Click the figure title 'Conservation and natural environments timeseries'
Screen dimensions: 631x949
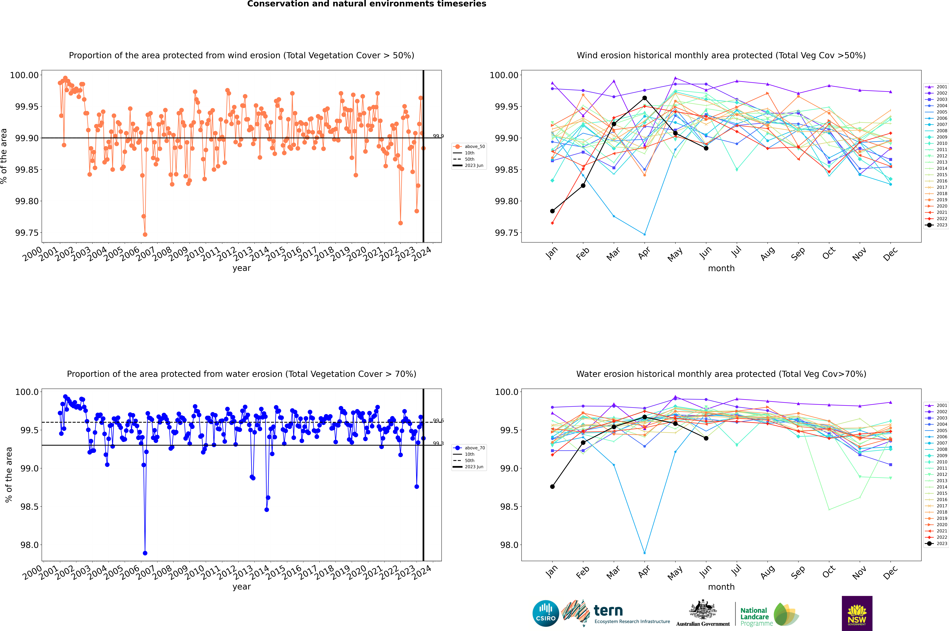366,4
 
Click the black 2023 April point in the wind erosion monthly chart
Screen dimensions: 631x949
645,98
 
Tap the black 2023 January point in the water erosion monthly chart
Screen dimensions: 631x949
552,486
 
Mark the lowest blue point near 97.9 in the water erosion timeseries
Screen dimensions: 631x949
145,553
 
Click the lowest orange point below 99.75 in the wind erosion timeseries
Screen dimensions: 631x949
145,234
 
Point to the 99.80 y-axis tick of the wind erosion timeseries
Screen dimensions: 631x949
27,201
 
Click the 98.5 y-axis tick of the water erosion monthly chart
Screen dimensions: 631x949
509,507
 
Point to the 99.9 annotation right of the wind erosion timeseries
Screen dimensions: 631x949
438,136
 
